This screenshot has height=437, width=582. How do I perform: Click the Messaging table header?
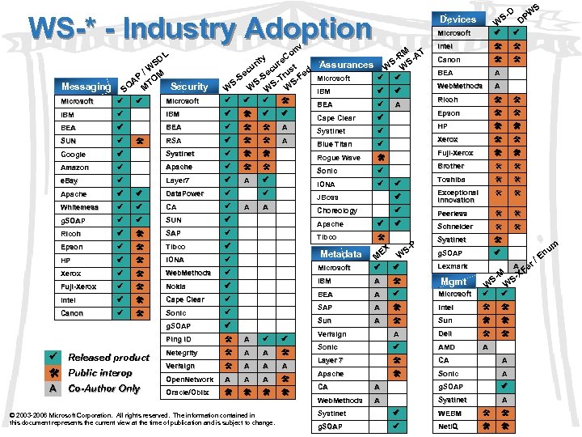(86, 87)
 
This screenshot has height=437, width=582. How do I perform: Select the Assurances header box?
(345, 64)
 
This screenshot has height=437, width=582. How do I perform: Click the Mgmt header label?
(453, 281)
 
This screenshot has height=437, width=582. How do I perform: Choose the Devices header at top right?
(458, 19)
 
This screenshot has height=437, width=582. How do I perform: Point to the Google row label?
(74, 154)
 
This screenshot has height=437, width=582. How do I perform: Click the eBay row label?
(70, 180)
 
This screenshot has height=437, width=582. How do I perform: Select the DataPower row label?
(185, 194)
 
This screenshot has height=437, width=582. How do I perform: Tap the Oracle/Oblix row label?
(188, 392)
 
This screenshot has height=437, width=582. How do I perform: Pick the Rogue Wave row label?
(339, 158)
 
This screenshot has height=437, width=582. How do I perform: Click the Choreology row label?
(337, 211)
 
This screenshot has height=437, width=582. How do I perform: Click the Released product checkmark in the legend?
(53, 357)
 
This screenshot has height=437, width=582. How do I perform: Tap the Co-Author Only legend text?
(104, 388)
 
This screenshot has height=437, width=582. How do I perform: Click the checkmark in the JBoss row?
(398, 197)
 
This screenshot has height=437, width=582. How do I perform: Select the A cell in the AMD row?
(486, 347)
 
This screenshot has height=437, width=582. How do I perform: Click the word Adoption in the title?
(303, 30)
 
